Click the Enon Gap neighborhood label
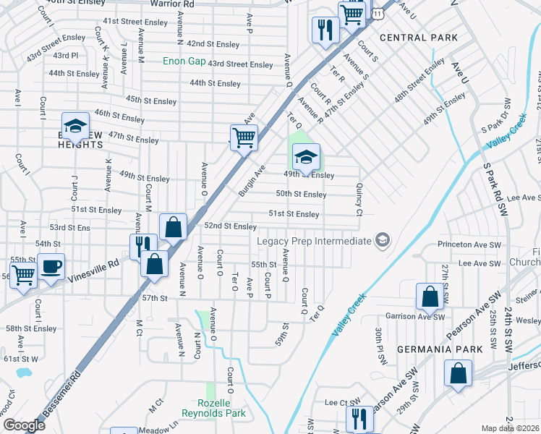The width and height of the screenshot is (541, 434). [x=183, y=61]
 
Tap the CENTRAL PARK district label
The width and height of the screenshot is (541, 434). [x=418, y=37]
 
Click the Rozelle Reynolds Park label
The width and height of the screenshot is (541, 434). [x=222, y=408]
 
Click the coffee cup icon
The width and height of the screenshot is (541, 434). [x=51, y=267]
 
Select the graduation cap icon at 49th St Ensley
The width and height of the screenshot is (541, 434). [x=306, y=156]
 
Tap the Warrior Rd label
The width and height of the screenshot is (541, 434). [x=172, y=4]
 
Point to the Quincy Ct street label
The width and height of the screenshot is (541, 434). [x=359, y=199]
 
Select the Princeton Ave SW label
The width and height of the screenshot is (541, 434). [x=469, y=245]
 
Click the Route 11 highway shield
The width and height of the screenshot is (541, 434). [x=378, y=14]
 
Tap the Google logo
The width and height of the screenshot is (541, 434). [x=24, y=425]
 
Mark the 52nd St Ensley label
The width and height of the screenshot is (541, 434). [x=231, y=226]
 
